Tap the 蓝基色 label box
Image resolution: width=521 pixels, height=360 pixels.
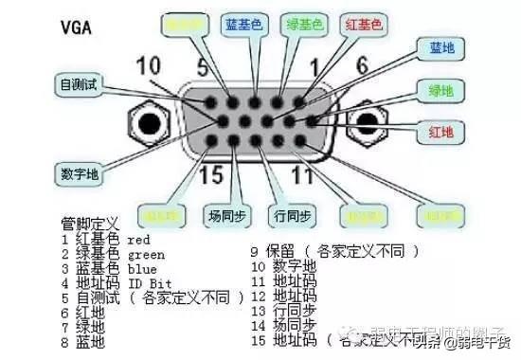[x=244, y=24]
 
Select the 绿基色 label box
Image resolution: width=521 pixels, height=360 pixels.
[x=306, y=24]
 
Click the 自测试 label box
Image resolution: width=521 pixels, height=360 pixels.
[x=81, y=83]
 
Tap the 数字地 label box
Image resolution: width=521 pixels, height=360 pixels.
[x=81, y=174]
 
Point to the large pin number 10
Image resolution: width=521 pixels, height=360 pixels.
[x=149, y=66]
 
